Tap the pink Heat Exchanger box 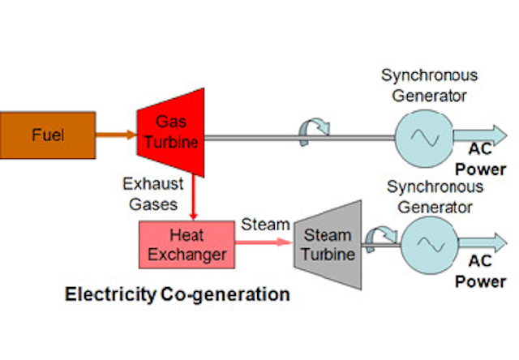(x=186, y=245)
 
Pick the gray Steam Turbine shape (x=326, y=244)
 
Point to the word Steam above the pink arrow (x=265, y=223)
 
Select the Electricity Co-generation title (x=177, y=294)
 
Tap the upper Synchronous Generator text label (x=430, y=85)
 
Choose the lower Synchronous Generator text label (x=435, y=195)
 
